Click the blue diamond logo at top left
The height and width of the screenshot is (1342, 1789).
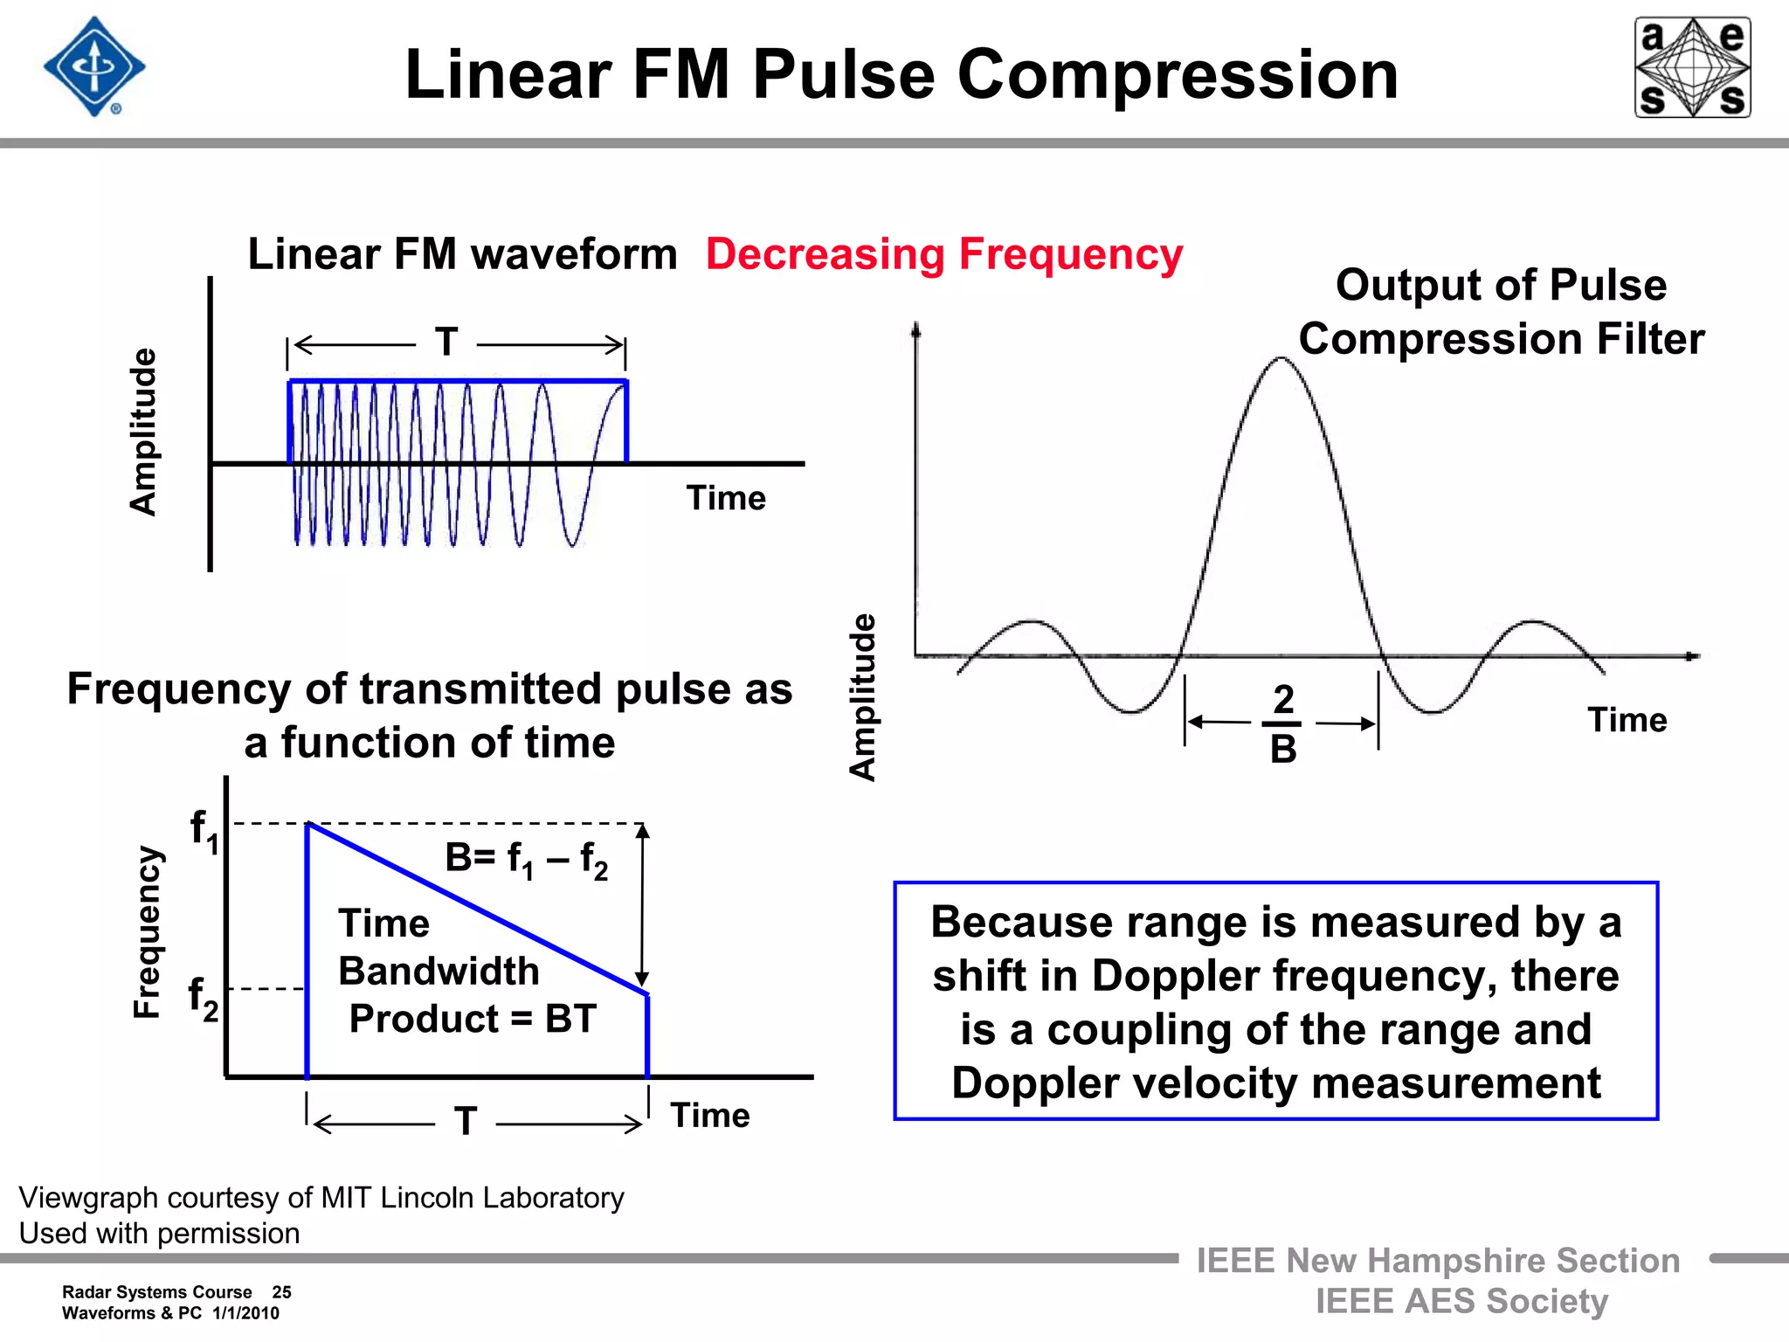(x=94, y=67)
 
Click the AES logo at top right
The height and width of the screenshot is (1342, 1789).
(x=1692, y=67)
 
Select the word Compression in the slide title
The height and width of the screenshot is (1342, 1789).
(x=1178, y=75)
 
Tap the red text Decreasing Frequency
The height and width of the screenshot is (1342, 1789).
(x=943, y=254)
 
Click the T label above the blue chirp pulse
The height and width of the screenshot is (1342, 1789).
(x=446, y=342)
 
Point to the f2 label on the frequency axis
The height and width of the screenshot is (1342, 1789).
(x=203, y=999)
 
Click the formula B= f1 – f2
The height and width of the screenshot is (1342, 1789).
(x=526, y=860)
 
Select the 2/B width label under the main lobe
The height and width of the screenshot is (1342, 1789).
(x=1282, y=724)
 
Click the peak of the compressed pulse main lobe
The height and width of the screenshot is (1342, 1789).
(x=1281, y=358)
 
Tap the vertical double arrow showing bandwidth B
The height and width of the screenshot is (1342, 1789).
(x=642, y=905)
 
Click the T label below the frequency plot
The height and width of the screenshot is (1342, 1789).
(x=466, y=1121)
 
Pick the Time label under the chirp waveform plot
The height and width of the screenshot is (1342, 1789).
(x=725, y=498)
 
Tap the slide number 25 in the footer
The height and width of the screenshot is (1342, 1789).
(x=281, y=1292)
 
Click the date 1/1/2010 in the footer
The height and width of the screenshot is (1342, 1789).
(x=245, y=1313)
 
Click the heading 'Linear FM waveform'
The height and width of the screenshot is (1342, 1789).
(x=462, y=254)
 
